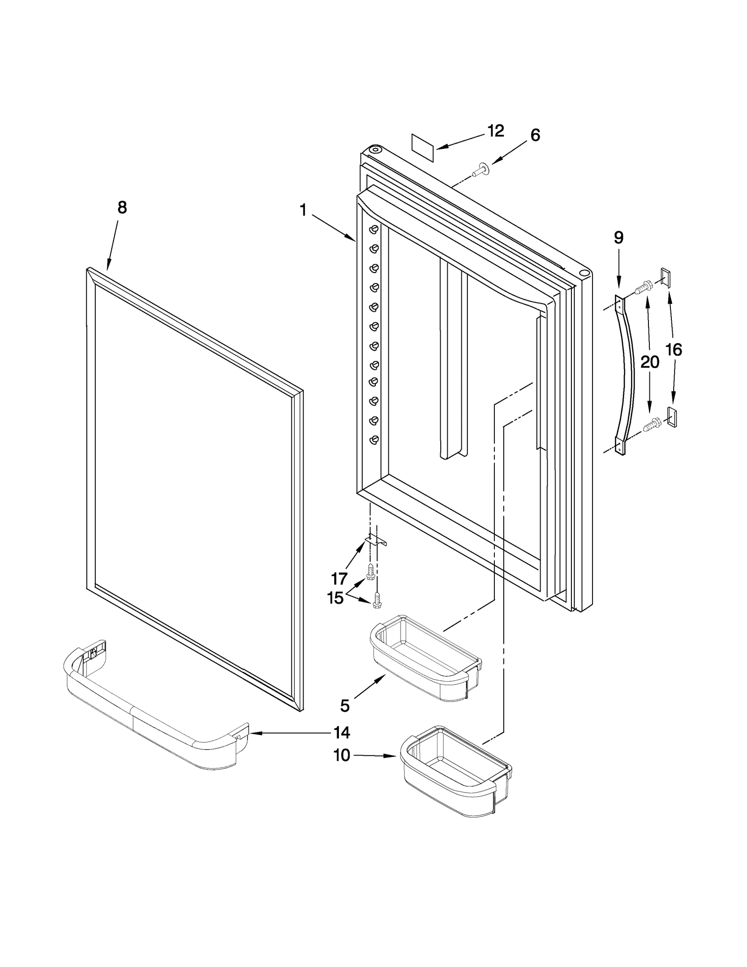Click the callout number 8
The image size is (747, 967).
(x=122, y=207)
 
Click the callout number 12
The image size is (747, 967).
(x=495, y=131)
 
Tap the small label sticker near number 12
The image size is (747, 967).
(x=423, y=148)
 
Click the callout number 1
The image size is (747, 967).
(x=303, y=210)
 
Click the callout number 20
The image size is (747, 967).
(x=649, y=361)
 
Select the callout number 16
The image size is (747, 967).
(x=673, y=349)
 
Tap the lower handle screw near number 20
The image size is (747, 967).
(x=651, y=424)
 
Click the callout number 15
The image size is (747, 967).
(x=336, y=598)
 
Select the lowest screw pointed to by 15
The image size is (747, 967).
(x=377, y=600)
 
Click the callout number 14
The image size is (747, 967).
(x=341, y=732)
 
